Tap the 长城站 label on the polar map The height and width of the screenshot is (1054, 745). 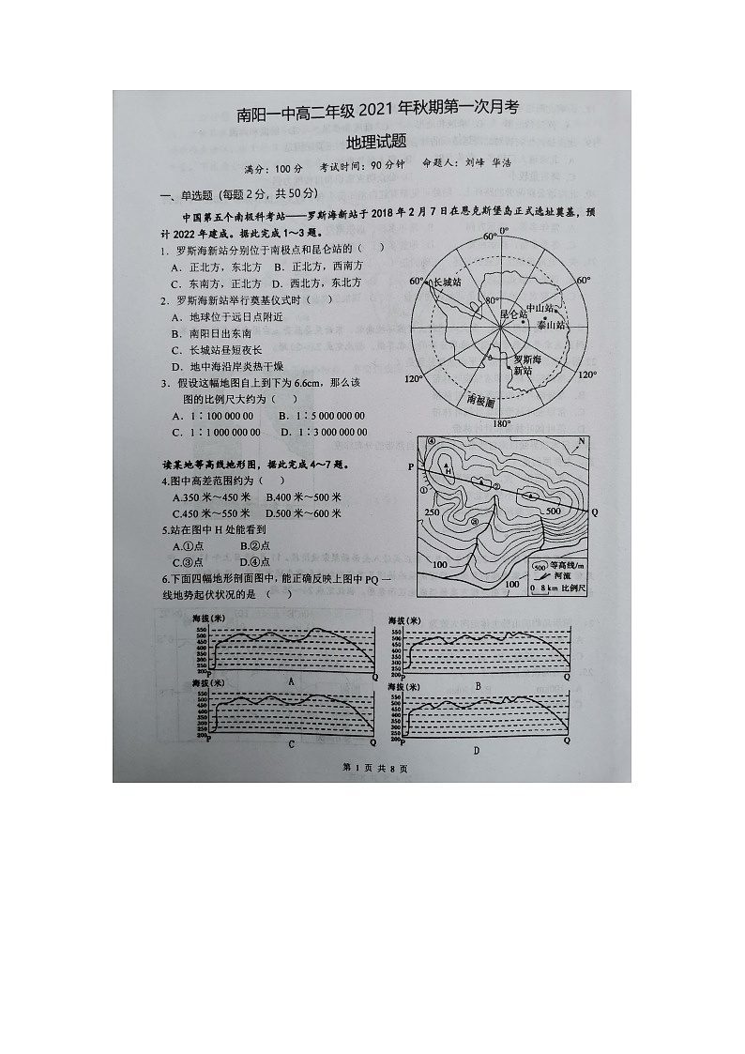(x=447, y=282)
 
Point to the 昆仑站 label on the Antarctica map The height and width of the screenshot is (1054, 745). (x=511, y=313)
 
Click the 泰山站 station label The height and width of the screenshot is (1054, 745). (x=551, y=325)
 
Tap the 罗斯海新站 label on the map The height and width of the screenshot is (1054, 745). (x=525, y=365)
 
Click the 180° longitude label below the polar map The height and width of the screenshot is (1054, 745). (x=502, y=423)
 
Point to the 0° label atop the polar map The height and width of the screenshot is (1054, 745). (x=503, y=231)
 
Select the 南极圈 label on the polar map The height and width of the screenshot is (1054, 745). (x=479, y=401)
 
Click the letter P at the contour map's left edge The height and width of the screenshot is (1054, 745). (x=410, y=466)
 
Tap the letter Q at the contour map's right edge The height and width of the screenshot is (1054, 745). (x=594, y=512)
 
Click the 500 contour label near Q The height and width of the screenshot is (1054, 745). (x=553, y=511)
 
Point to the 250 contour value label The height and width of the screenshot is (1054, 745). (x=432, y=512)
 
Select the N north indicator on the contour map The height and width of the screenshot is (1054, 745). (x=582, y=442)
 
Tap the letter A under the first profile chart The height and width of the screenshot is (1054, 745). (x=291, y=681)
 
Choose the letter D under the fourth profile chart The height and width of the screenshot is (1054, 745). (x=476, y=749)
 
